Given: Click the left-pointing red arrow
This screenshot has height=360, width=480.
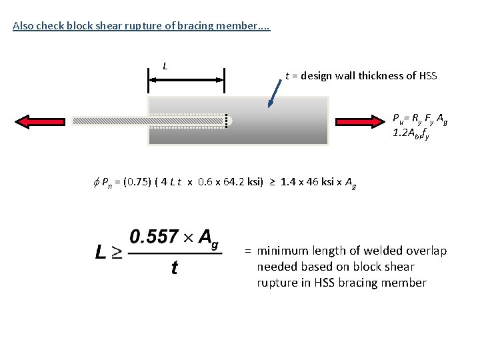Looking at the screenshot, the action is [x=40, y=122].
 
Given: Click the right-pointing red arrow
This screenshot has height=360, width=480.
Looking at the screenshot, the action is [x=360, y=122].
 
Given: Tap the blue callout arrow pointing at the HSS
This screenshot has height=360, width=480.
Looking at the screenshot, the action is [x=274, y=94].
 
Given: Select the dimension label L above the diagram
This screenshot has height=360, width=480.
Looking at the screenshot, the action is [x=165, y=66].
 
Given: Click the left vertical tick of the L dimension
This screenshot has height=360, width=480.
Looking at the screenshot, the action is [x=149, y=80].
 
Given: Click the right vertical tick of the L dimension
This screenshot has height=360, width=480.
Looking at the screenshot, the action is [x=225, y=80].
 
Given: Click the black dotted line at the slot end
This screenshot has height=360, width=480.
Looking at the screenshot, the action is [x=226, y=121].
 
